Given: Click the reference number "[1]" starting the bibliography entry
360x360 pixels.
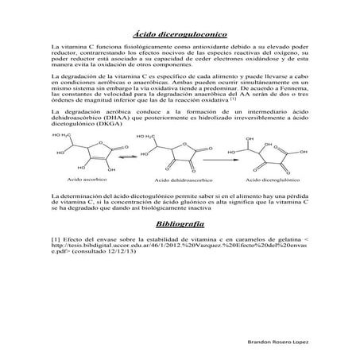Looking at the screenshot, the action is point(56,239).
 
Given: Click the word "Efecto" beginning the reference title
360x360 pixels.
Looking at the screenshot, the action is point(75,239).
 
